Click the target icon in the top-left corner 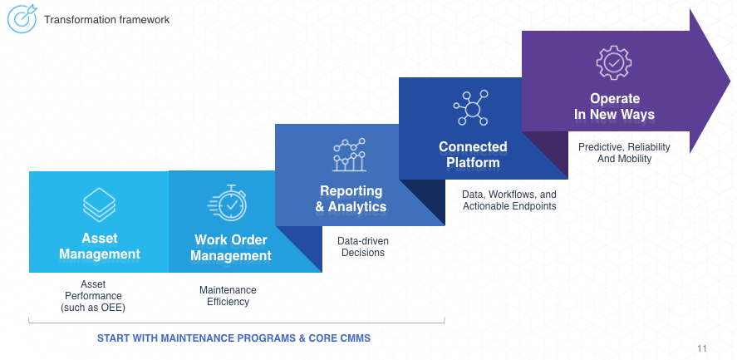click(22, 19)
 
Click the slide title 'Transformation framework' click(107, 19)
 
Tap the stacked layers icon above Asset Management click(99, 205)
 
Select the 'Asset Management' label click(99, 246)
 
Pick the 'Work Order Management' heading click(231, 248)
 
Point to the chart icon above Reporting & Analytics click(350, 154)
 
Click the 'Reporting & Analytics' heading click(350, 199)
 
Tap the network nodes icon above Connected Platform click(471, 108)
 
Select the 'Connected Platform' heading click(473, 155)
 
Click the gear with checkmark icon click(614, 62)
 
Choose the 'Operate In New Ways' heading click(614, 106)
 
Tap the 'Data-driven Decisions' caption click(362, 247)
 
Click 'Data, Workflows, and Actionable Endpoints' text click(509, 200)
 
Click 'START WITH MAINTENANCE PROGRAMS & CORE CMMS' click(233, 338)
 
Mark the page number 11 click(702, 348)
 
